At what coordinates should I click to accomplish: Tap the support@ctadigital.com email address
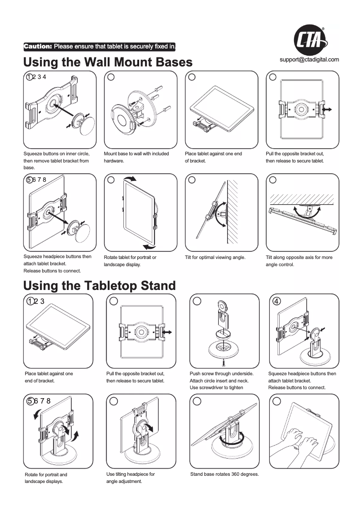(309, 59)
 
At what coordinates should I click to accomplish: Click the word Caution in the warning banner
(38, 46)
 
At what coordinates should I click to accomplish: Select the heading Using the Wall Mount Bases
(108, 62)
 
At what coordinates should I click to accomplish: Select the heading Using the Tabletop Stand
(99, 285)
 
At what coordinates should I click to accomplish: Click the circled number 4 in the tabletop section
(277, 301)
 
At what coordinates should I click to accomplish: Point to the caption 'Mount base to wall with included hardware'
(136, 157)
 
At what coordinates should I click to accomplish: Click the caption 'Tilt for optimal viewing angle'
(215, 257)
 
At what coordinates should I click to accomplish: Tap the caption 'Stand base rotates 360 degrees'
(224, 474)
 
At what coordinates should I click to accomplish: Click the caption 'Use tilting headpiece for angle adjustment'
(131, 478)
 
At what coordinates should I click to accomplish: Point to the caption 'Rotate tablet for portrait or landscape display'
(130, 261)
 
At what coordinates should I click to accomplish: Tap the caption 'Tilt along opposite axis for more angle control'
(299, 261)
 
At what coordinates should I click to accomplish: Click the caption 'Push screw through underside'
(222, 373)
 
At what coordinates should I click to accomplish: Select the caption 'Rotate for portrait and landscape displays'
(46, 478)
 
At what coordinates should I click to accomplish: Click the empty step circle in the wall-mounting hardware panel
(111, 77)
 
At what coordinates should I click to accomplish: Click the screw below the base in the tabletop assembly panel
(223, 360)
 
